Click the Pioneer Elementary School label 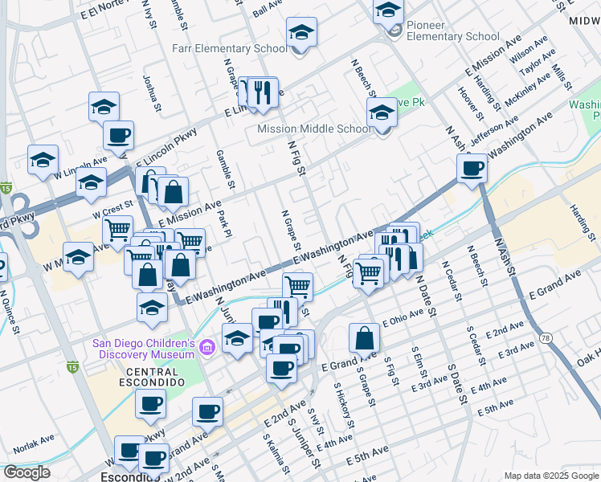click(452, 31)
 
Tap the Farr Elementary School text click(230, 48)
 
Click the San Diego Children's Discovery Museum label click(144, 348)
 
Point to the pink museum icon click(208, 348)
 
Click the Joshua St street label click(149, 89)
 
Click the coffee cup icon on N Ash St click(472, 169)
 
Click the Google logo click(27, 472)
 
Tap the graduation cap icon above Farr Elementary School click(301, 33)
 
